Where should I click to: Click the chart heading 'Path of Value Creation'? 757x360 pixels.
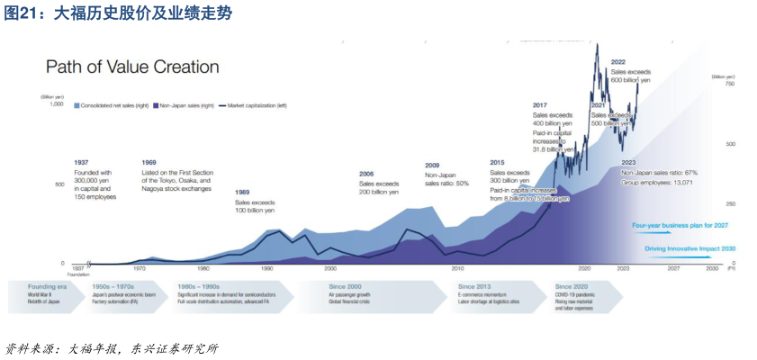(x=132, y=67)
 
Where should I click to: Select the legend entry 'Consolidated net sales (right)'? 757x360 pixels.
(x=113, y=105)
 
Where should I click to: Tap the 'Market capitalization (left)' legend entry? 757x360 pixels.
(x=256, y=105)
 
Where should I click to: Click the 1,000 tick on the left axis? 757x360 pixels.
(x=57, y=104)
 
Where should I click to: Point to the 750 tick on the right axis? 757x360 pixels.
(x=729, y=84)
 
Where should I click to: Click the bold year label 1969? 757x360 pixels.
(x=149, y=162)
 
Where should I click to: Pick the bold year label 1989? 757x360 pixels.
(x=243, y=192)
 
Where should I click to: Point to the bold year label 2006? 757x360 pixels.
(x=366, y=174)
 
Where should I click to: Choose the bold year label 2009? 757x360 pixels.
(x=433, y=165)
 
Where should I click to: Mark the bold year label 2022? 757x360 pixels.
(x=618, y=62)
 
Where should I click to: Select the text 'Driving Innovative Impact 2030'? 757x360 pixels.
(x=690, y=247)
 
